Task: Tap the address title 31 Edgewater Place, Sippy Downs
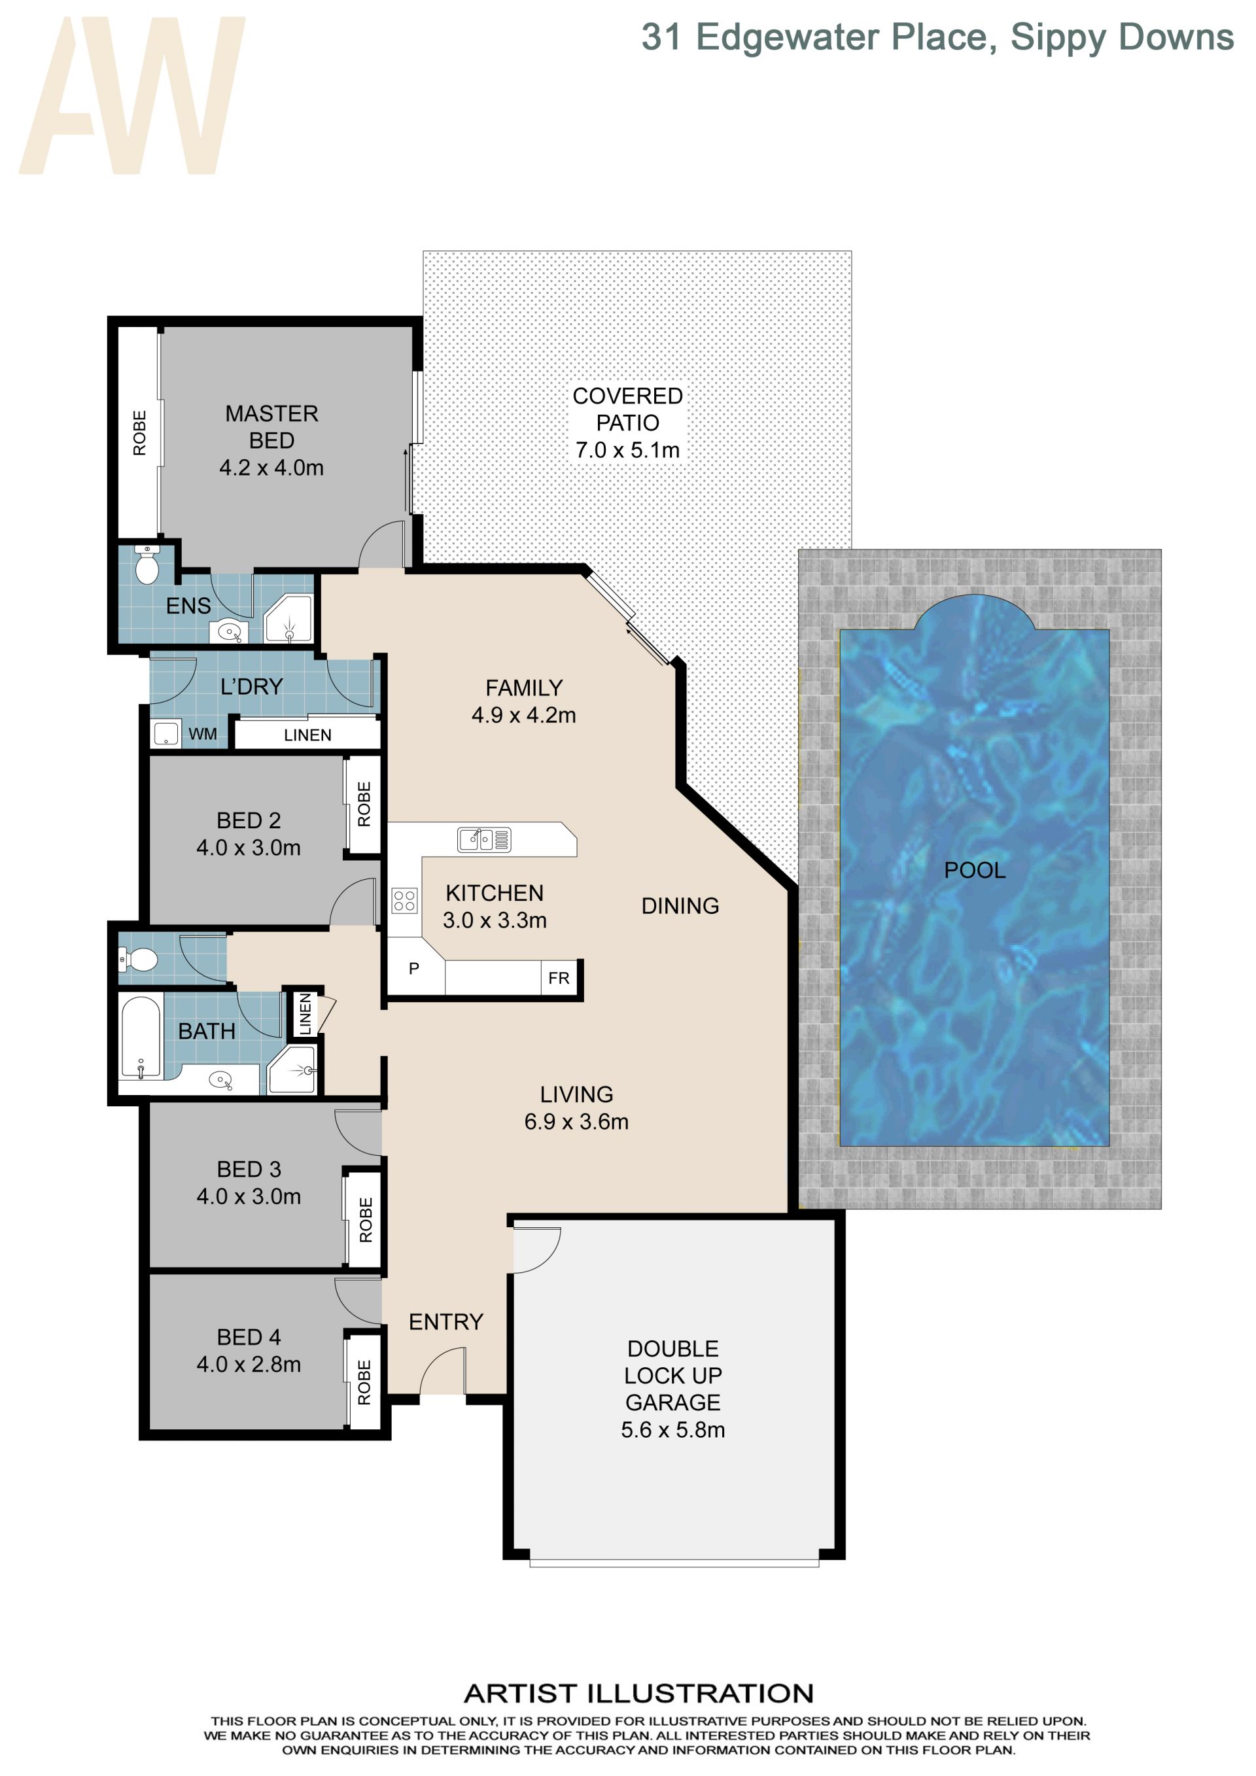937,38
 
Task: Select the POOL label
975,870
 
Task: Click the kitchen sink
484,839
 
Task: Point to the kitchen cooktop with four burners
404,900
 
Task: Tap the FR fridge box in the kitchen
559,979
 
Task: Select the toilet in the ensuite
146,565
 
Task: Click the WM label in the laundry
203,734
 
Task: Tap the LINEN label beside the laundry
308,735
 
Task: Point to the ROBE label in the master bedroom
139,433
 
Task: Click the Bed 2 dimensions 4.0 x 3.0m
249,848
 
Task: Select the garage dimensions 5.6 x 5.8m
673,1429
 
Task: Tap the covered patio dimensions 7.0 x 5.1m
627,450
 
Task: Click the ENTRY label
446,1322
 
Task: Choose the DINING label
680,906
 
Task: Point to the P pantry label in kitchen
414,968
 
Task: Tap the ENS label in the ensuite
188,606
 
